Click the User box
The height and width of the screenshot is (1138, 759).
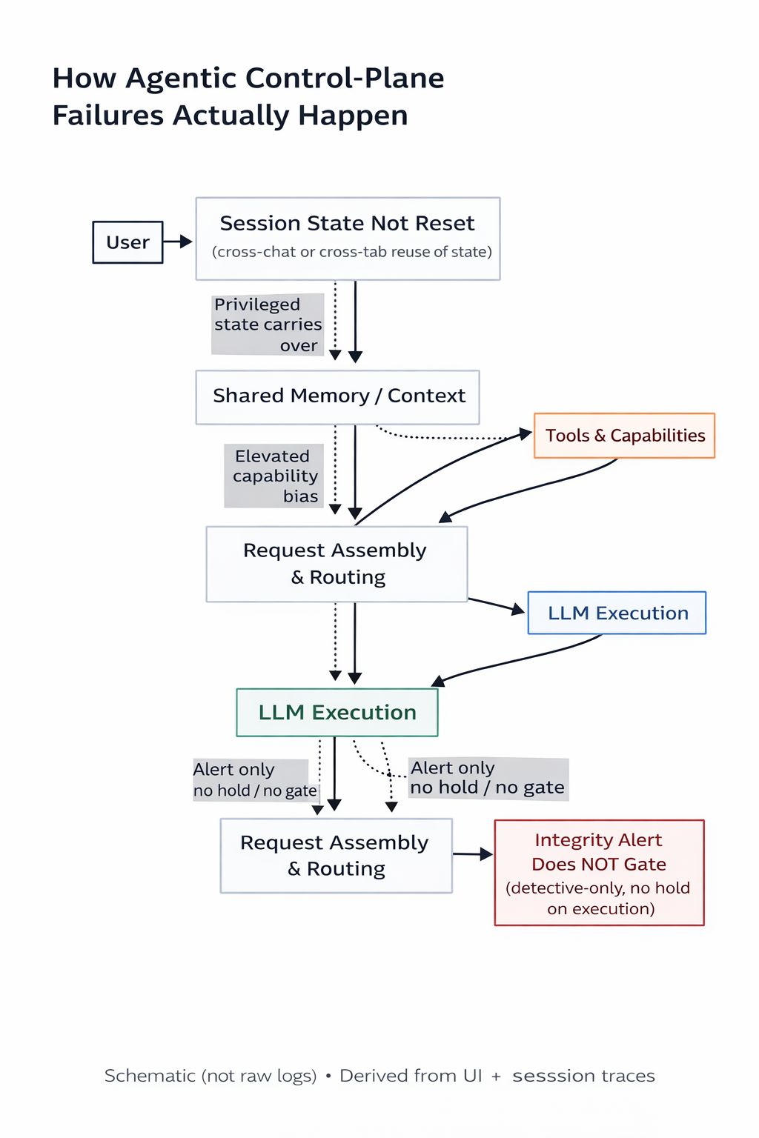coord(127,242)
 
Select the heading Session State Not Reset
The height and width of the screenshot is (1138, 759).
coord(347,224)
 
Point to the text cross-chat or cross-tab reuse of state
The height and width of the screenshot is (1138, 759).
coord(351,252)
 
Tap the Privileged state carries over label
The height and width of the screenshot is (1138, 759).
coord(268,325)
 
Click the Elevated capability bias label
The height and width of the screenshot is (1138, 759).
coord(274,476)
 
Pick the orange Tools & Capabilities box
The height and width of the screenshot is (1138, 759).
coord(624,436)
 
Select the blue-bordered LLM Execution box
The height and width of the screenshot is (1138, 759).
coord(617,613)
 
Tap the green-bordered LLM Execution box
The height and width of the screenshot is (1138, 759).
coord(337,712)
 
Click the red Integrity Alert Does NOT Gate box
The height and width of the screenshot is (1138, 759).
coord(599,873)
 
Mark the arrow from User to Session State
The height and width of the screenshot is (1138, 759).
coord(178,242)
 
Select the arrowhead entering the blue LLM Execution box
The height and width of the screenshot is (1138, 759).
coord(516,610)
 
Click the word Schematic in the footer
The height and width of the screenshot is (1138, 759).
coord(150,1076)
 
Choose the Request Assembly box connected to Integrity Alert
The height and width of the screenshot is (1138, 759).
coord(336,856)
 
